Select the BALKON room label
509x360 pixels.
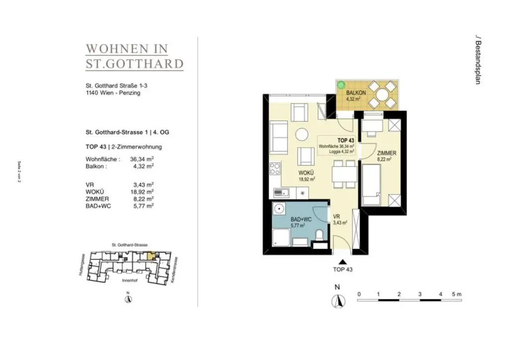[356, 93]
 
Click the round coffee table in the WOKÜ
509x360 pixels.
[301, 134]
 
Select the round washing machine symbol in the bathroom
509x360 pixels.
[279, 210]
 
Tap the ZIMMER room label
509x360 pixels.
[386, 153]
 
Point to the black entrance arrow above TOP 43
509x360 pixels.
[342, 262]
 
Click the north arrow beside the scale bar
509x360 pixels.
[338, 301]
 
